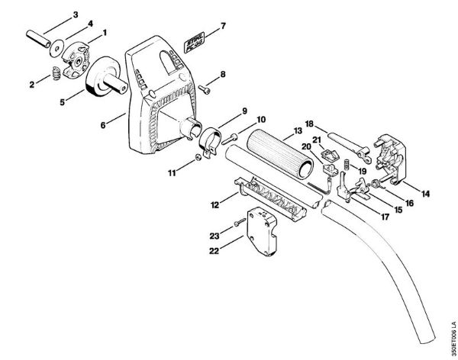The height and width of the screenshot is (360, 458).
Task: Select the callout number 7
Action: [224, 26]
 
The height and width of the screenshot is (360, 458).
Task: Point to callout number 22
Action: [215, 250]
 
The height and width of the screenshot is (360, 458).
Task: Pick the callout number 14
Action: [424, 194]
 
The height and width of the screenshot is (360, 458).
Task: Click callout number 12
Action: [215, 204]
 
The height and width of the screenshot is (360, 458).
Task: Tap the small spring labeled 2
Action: [55, 74]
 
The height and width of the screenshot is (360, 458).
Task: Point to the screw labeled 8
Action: [205, 88]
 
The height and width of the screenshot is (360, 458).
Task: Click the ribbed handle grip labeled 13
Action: [277, 163]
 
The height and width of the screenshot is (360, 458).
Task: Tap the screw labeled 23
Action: [240, 221]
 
